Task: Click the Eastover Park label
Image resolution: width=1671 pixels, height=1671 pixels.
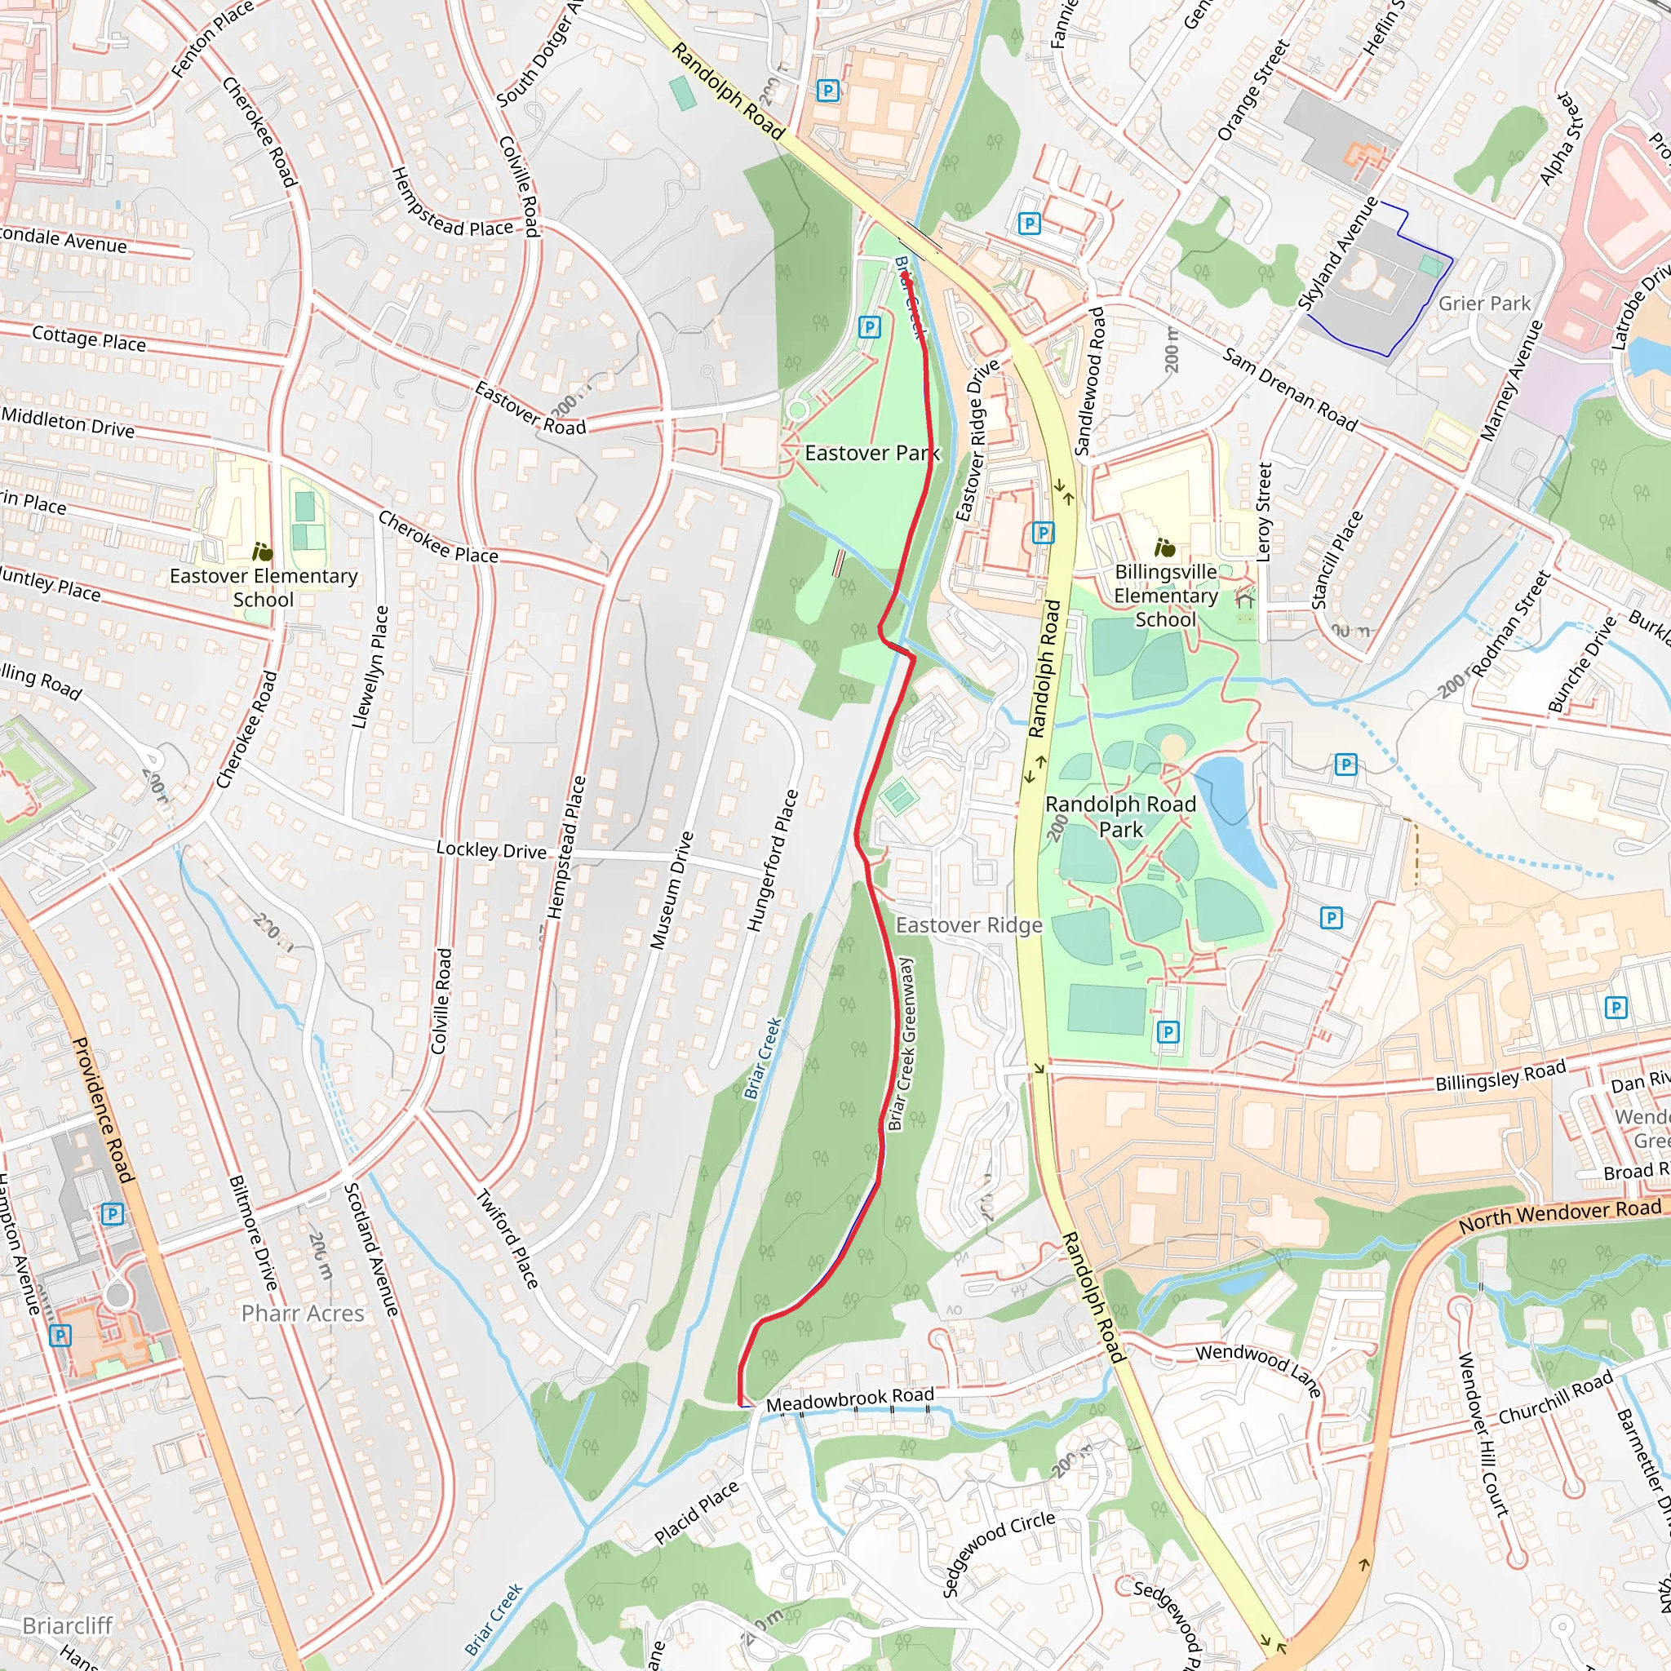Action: [871, 453]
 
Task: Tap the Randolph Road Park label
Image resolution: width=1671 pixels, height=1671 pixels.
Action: [1120, 817]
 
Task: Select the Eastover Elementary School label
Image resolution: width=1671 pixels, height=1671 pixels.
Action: [263, 587]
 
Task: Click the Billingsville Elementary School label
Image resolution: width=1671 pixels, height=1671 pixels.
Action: [1165, 596]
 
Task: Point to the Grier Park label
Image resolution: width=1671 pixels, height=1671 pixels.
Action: [1484, 304]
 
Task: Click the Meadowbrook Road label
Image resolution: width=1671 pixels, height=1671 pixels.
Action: [849, 1398]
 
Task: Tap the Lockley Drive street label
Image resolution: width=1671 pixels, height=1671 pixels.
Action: [491, 850]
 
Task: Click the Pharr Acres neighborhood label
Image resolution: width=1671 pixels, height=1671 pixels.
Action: [303, 1314]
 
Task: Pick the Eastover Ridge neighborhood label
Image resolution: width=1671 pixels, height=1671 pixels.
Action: [968, 925]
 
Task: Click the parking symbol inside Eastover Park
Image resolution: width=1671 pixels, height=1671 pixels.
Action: [869, 327]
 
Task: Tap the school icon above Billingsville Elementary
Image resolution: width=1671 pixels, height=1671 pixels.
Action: [1165, 547]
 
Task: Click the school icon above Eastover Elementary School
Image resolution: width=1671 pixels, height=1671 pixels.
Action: [262, 552]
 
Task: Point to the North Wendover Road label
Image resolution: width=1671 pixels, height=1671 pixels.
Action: [1559, 1215]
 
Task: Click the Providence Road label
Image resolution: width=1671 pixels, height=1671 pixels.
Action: [103, 1110]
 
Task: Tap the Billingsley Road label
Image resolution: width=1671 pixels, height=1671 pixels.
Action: [1500, 1075]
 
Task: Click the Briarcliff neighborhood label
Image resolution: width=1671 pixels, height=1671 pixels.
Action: [68, 1626]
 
